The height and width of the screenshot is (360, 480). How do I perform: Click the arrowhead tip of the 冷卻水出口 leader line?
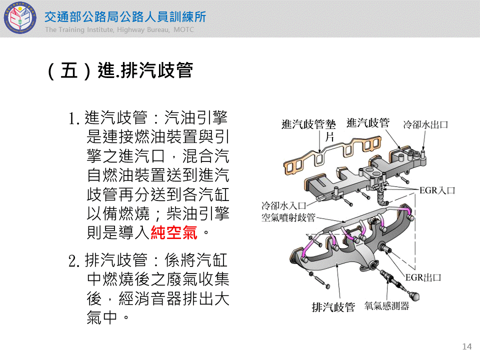(423, 151)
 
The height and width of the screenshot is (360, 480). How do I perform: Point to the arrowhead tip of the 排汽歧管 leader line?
(337, 264)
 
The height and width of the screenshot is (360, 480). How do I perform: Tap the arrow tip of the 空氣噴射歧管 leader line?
(345, 222)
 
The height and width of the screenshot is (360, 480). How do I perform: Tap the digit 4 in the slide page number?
(469, 346)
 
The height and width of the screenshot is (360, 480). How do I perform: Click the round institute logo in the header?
(20, 18)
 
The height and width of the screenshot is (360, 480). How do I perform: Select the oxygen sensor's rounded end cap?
(415, 295)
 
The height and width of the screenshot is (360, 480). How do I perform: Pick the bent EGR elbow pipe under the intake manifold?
(381, 197)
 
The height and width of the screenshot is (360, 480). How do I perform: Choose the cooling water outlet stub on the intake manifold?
(423, 153)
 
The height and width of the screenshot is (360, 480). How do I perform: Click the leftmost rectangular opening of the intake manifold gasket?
(289, 168)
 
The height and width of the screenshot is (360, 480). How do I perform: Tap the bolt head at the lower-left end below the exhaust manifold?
(327, 286)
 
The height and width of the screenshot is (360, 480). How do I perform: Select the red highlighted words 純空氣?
(173, 232)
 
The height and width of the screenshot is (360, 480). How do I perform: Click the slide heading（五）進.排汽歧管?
(120, 70)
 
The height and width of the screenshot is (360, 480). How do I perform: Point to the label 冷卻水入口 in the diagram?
(284, 205)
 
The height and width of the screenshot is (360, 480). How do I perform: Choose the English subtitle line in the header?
(119, 29)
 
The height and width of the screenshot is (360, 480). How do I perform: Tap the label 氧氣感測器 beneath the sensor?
(386, 305)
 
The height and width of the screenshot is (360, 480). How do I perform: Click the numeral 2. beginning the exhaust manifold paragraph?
(74, 261)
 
